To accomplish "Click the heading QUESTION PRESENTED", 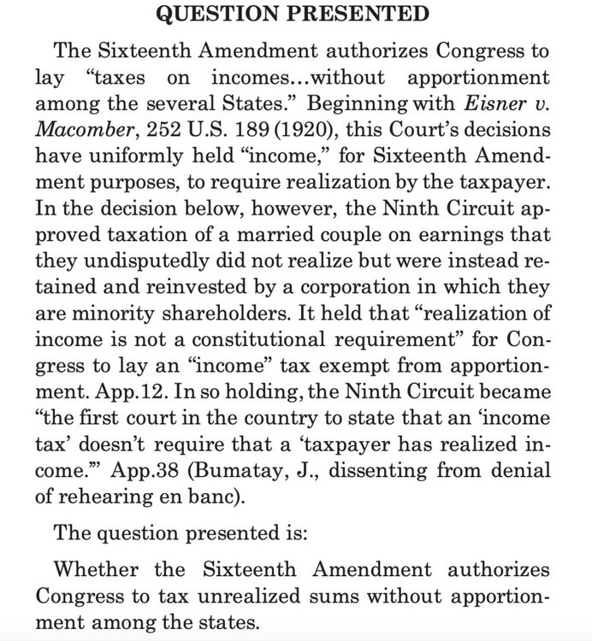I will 295,15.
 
